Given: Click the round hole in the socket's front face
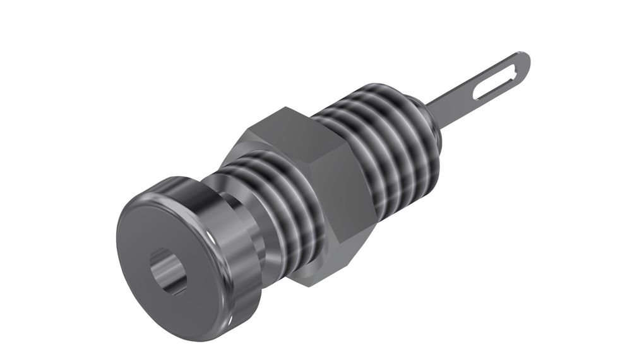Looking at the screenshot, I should coord(167,272).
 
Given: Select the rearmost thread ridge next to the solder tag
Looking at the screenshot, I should coord(420,126).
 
